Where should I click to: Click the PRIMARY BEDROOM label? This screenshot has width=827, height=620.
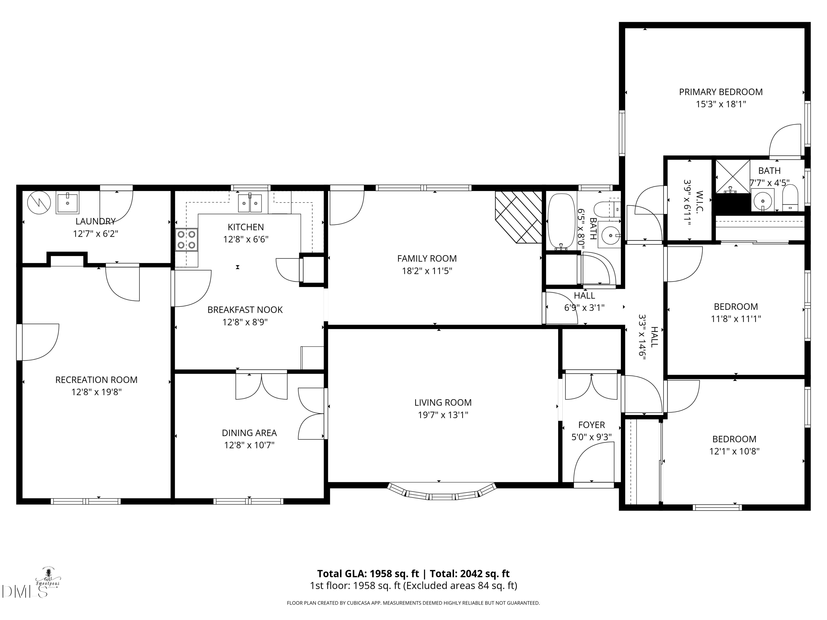[720, 92]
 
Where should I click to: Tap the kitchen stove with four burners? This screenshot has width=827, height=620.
[186, 239]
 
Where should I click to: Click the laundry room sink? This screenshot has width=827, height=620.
[67, 203]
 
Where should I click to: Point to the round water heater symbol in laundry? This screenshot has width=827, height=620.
[39, 203]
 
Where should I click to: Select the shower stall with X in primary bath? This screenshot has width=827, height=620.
[732, 176]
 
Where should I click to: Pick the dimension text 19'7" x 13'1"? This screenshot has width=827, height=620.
[443, 415]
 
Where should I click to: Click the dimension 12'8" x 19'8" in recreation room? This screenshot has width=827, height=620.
[96, 392]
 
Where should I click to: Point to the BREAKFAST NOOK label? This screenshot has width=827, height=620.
[245, 310]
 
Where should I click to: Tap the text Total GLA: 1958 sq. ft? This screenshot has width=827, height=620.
[368, 574]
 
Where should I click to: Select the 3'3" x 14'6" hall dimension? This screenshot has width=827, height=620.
[642, 337]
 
